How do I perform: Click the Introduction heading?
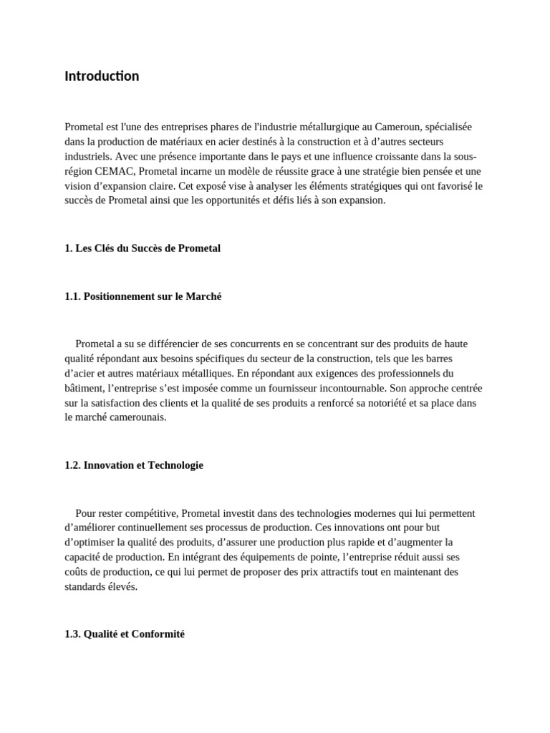click(x=102, y=76)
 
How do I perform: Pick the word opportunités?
click(x=256, y=200)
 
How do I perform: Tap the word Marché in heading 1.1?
click(x=203, y=296)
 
